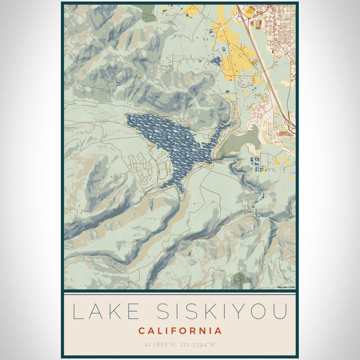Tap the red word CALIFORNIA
pos(180,331)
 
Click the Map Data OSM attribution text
pos(285,287)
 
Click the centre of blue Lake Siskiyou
pos(175,141)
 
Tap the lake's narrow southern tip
pos(181,191)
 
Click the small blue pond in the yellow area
pos(217,61)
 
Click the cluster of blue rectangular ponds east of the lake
pos(256,164)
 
